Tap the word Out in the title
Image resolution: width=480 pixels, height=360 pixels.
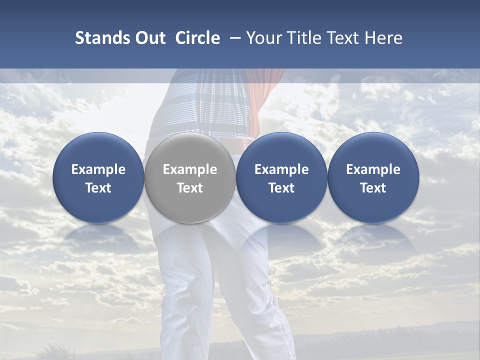pos(149,38)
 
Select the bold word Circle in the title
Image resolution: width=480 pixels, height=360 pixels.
pos(197,38)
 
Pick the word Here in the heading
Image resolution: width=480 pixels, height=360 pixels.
pos(384,38)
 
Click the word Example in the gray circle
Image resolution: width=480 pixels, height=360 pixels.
pos(190,169)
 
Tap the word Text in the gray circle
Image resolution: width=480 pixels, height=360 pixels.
pos(190,188)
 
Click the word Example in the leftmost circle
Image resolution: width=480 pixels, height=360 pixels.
pos(98,169)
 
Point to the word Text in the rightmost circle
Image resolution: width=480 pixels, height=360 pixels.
pos(373,188)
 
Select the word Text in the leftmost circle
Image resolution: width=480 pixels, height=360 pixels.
pos(98,188)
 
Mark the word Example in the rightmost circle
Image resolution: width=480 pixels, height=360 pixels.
pos(373,169)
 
